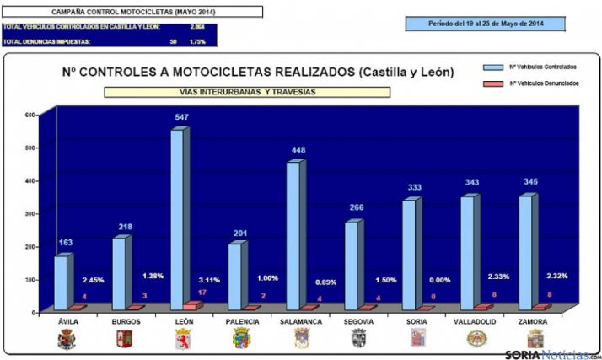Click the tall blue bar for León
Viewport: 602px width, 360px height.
pyautogui.click(x=178, y=219)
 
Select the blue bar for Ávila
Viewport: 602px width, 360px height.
pyautogui.click(x=61, y=282)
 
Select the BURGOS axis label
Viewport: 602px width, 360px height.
pyautogui.click(x=125, y=322)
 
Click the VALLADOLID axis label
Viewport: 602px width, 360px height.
pyautogui.click(x=475, y=322)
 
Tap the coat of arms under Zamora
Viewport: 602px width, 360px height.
pyautogui.click(x=535, y=339)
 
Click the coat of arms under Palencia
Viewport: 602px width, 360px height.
pyautogui.click(x=241, y=339)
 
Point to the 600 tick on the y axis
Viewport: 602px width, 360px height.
pyautogui.click(x=30, y=115)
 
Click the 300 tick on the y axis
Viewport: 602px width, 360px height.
pyautogui.click(x=30, y=213)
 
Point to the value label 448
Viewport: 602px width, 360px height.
pyautogui.click(x=298, y=151)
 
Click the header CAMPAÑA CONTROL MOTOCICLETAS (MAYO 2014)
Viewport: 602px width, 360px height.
pyautogui.click(x=133, y=12)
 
